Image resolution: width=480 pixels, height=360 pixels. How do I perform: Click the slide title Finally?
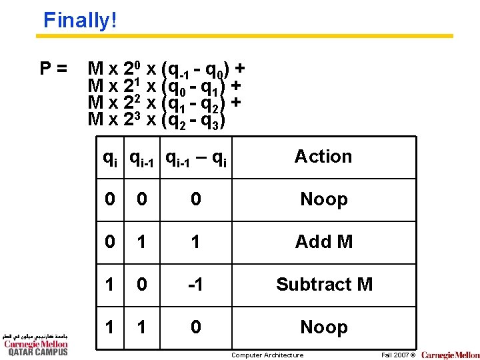pos(80,20)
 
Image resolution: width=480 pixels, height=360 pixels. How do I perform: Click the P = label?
pos(53,68)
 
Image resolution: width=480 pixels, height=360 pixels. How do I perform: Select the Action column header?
pos(323,157)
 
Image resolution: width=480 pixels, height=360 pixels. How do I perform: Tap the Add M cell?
pos(323,241)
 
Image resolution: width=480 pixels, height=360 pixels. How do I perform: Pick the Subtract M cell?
pos(323,284)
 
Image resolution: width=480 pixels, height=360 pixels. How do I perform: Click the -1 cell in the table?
pos(195,284)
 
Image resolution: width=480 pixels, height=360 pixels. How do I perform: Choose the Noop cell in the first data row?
pos(323,199)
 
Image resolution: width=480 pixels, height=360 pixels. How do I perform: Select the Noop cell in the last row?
pos(323,327)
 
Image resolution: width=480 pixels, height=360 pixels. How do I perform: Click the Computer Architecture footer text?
pos(267,355)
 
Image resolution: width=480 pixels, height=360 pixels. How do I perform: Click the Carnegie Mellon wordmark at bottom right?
pos(450,355)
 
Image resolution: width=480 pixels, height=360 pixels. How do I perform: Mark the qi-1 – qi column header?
pos(195,159)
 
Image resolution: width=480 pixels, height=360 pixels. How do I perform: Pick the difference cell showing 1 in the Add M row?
pos(195,241)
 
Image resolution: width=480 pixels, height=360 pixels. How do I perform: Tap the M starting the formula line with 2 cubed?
pos(96,120)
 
